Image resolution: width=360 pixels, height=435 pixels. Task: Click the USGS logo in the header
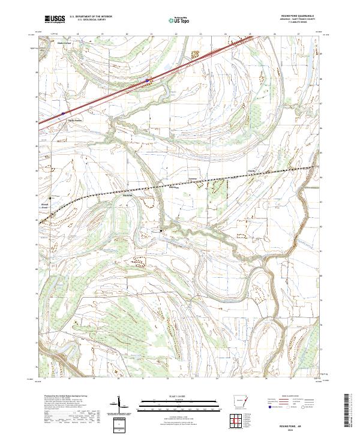pos(55,19)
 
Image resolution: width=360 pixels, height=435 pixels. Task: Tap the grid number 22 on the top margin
pos(176,35)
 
